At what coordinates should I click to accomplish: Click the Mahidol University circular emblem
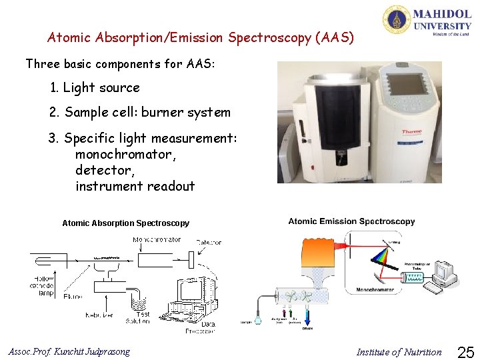[x=396, y=19]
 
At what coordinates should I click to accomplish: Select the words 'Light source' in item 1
[x=101, y=88]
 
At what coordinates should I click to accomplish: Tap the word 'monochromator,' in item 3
[x=126, y=155]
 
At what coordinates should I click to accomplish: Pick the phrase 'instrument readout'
[x=135, y=187]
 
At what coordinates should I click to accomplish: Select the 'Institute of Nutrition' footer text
[x=399, y=352]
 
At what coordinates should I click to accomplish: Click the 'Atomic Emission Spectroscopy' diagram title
[x=351, y=221]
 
